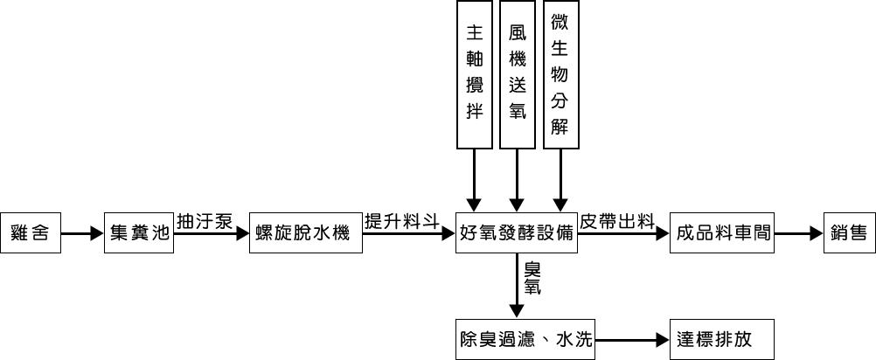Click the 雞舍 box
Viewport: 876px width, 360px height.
coord(31,233)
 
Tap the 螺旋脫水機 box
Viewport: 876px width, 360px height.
coord(304,233)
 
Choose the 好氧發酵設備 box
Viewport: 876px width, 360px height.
coord(517,233)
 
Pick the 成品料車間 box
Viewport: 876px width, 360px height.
coord(723,233)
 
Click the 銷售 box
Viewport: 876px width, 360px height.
coord(848,233)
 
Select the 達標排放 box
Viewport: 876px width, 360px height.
coord(723,339)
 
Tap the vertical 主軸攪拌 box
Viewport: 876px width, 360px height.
coord(474,73)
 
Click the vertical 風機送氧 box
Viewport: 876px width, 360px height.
coord(518,73)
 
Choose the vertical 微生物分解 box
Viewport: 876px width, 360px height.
coord(560,73)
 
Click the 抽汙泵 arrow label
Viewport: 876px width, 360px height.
coord(205,221)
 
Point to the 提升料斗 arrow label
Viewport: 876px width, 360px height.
coord(401,221)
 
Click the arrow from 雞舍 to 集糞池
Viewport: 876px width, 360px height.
coord(82,234)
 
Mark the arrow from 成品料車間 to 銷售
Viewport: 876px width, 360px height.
coord(799,234)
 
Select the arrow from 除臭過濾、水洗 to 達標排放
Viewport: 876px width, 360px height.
coord(632,340)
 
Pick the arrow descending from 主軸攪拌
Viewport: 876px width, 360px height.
coord(474,179)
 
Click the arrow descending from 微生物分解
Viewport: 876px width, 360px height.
coord(560,179)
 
